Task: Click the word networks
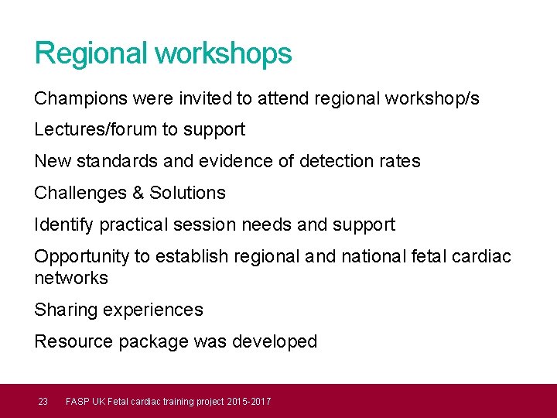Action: pos(71,278)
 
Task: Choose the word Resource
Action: pos(73,341)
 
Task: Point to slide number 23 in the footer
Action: pos(43,401)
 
